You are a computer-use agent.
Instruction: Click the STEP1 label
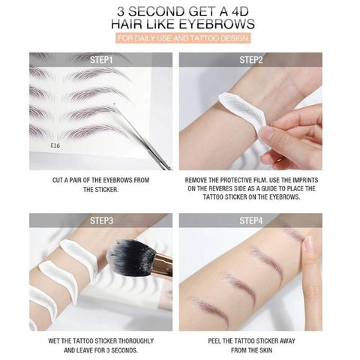(101, 59)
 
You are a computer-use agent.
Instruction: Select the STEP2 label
(251, 59)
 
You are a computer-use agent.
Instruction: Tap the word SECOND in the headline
(150, 10)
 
